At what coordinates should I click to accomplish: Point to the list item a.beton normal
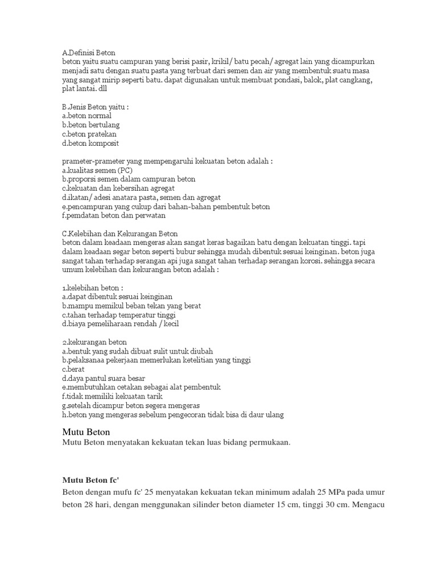86,115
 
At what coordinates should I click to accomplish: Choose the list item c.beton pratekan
89,133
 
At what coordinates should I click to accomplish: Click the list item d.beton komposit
90,142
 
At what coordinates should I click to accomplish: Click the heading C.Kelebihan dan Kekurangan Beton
119,233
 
